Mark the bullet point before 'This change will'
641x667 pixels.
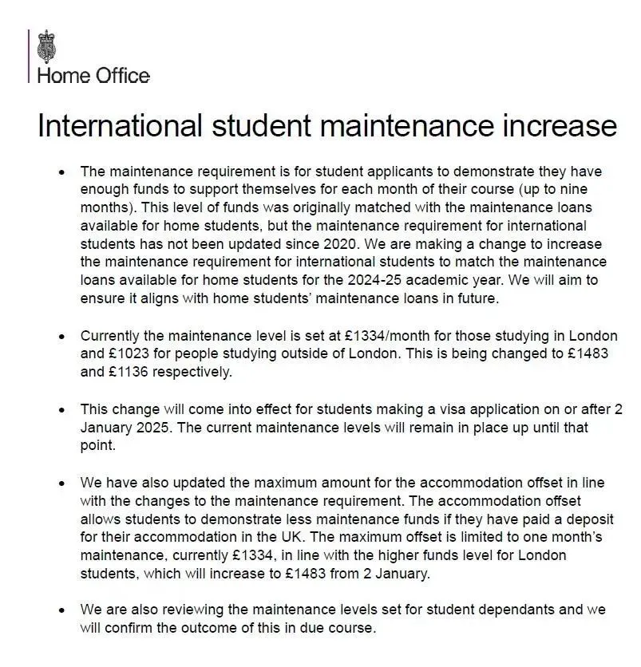tap(61, 409)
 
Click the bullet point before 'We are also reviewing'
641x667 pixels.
tap(61, 610)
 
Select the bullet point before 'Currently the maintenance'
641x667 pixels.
tap(61, 336)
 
